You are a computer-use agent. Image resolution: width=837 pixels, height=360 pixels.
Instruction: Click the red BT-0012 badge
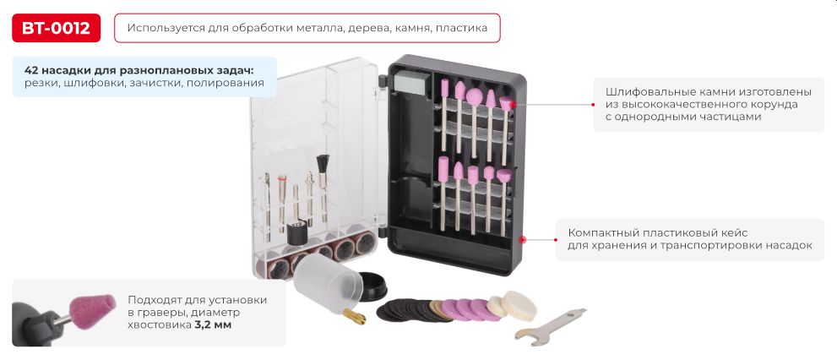tap(57, 28)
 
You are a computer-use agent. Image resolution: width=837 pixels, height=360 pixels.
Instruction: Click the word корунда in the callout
tap(774, 104)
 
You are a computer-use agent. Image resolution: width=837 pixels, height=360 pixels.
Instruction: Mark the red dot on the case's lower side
tap(523, 240)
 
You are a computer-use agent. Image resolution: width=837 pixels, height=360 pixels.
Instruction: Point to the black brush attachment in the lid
tap(321, 166)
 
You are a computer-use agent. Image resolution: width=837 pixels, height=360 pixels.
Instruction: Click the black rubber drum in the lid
tap(296, 234)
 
